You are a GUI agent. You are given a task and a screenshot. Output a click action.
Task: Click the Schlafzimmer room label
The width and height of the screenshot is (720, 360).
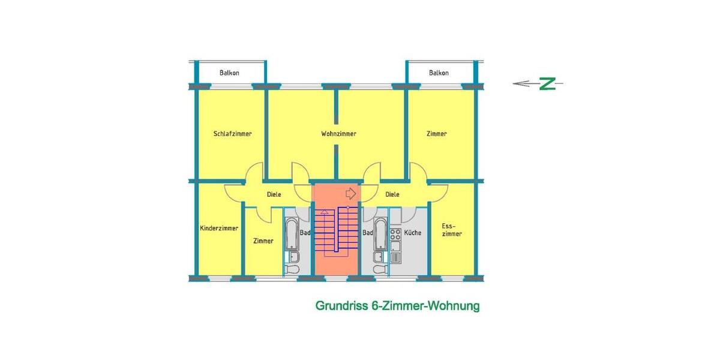pos(232,134)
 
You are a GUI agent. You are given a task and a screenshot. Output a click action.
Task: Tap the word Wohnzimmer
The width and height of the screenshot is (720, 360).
pos(338,134)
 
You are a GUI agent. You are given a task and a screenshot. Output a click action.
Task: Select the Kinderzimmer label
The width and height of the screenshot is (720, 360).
pos(219,229)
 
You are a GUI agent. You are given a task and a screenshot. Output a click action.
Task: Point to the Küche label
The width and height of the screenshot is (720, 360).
pos(413,233)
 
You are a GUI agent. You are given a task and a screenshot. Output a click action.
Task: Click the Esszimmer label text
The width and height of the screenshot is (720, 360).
pos(452,230)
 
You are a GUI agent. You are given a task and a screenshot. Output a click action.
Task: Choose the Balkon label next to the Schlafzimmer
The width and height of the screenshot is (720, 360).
pos(229,73)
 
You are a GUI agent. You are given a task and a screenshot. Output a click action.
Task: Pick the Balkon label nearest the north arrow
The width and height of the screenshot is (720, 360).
pos(439,73)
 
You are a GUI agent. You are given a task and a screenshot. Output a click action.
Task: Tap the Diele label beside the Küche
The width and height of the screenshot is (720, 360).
pos(392,194)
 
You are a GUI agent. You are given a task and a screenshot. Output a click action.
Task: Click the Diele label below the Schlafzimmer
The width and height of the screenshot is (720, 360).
pos(274,194)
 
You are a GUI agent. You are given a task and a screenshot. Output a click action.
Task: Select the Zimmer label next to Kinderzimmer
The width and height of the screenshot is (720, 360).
pos(263,241)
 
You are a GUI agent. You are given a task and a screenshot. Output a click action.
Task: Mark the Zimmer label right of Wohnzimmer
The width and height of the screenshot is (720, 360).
pos(437,134)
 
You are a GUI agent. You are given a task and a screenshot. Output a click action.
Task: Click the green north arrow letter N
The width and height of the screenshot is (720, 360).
pos(547,84)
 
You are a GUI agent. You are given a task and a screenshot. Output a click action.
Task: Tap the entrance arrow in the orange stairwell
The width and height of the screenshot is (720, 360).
pos(352,194)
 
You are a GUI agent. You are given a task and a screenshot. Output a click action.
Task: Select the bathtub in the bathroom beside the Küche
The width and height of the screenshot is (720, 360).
pos(380,235)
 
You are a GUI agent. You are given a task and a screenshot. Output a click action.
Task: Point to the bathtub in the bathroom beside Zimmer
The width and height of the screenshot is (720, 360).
pos(291,235)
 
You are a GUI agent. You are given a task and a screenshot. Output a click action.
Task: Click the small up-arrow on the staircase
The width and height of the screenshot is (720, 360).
pos(325,212)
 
